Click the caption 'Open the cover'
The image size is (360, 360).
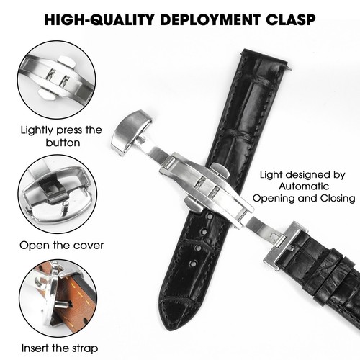[x=61, y=245]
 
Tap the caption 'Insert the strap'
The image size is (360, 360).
[x=60, y=348]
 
